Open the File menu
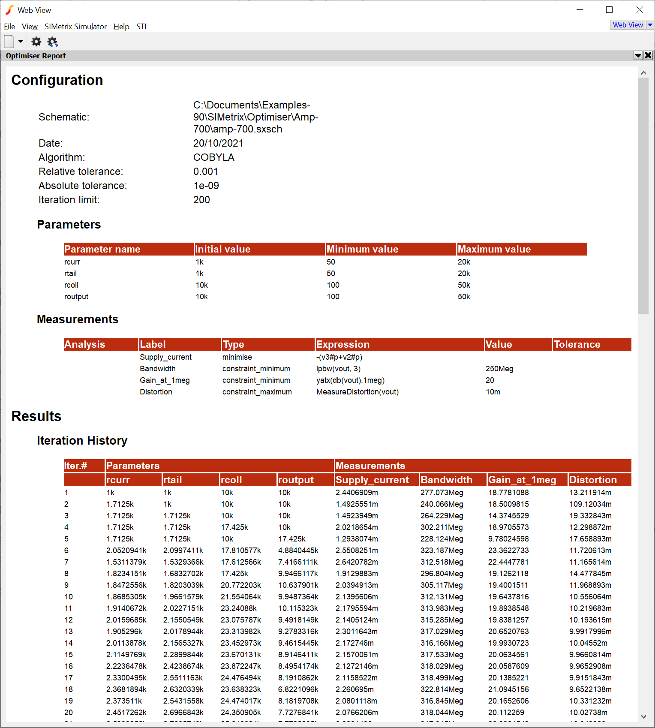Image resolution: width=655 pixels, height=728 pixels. (9, 27)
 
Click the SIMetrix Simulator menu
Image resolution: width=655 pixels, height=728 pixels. (75, 27)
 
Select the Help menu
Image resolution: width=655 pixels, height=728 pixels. (121, 27)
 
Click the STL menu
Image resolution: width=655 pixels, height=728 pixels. (142, 27)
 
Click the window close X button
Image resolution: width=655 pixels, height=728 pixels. (639, 10)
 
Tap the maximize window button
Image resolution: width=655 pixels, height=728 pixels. (609, 10)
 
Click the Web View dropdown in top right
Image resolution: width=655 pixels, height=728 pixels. (632, 25)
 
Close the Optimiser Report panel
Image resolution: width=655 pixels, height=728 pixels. (648, 55)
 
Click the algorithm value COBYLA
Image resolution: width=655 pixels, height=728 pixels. (213, 157)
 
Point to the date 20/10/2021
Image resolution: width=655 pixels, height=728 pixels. (218, 143)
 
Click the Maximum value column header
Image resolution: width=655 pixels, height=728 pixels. (494, 249)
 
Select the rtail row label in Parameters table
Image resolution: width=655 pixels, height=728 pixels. (71, 274)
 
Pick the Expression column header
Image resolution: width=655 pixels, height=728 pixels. (343, 344)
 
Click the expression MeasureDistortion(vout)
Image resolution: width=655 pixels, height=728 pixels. (357, 392)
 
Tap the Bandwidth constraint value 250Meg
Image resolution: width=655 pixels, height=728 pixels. (499, 369)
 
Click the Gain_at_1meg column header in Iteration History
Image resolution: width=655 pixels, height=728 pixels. (522, 480)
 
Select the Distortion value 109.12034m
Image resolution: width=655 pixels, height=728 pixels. (590, 504)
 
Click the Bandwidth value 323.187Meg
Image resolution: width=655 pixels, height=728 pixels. (442, 551)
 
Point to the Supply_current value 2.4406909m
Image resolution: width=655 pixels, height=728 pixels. (357, 493)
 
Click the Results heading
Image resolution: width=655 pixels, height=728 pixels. (36, 416)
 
